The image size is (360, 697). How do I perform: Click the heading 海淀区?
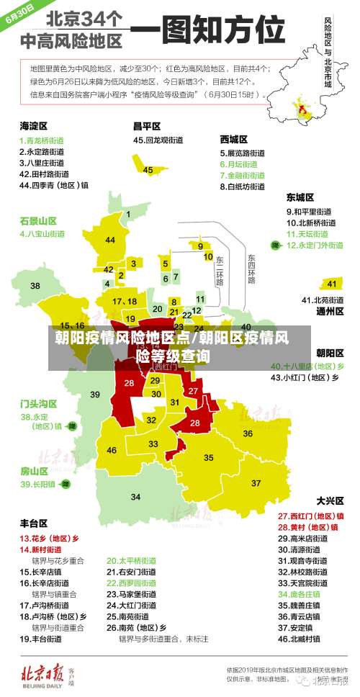coord(33,125)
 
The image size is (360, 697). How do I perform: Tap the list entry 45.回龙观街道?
coord(158,140)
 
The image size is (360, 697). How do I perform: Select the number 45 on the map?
coord(148,170)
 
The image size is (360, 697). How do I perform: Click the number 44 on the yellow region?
coord(110,240)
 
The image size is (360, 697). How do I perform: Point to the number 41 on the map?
coord(332,284)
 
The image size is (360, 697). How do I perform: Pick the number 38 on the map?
coord(35,286)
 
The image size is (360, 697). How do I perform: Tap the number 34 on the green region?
coord(135,497)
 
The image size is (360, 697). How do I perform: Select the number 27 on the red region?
coord(193,390)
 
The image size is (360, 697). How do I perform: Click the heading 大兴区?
coord(330,500)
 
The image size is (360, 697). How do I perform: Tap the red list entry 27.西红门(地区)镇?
coord(310,516)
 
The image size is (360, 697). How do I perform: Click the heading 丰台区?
coord(33,523)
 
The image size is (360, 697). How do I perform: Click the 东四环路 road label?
coord(251,268)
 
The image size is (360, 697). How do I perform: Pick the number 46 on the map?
coord(112,450)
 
